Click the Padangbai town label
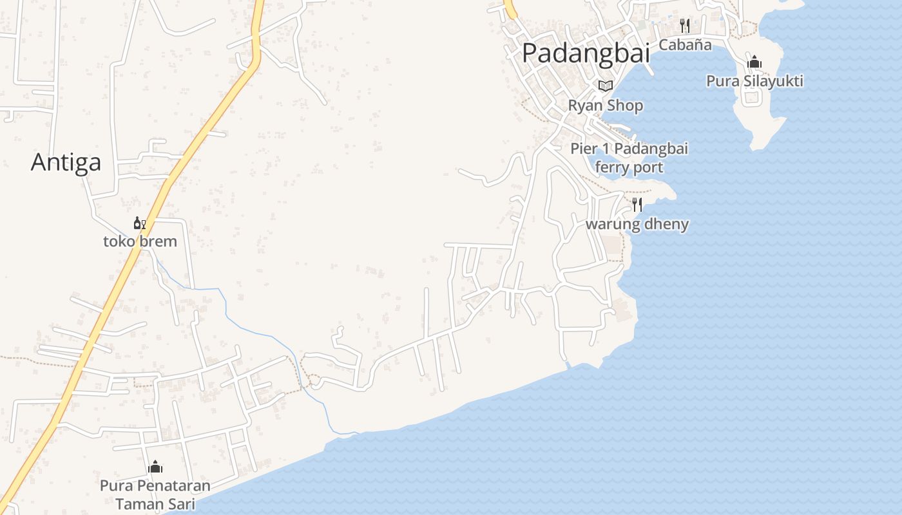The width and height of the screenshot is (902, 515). [x=586, y=53]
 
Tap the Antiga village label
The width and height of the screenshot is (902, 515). [x=66, y=162]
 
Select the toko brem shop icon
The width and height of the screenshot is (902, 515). [x=140, y=223]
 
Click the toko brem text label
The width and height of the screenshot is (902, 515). [x=140, y=241]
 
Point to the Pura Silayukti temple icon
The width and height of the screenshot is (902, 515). [x=754, y=62]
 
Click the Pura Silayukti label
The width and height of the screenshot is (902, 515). [x=754, y=81]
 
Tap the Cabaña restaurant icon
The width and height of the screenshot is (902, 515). [x=685, y=26]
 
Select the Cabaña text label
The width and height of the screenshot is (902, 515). [x=685, y=44]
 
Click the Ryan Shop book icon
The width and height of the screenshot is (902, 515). [x=605, y=86]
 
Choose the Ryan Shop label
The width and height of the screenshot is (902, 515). [x=605, y=105]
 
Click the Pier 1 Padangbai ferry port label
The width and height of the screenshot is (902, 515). [x=629, y=158]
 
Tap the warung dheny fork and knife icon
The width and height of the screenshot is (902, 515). [x=637, y=205]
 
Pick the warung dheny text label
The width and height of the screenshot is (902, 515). [x=637, y=224]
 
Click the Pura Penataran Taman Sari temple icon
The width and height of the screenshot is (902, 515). [x=155, y=467]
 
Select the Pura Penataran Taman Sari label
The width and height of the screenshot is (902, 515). [x=155, y=494]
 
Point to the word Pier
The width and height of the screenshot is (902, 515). [x=584, y=149]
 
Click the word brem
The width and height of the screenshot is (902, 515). [x=158, y=241]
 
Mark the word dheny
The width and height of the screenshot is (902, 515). [x=666, y=224]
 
